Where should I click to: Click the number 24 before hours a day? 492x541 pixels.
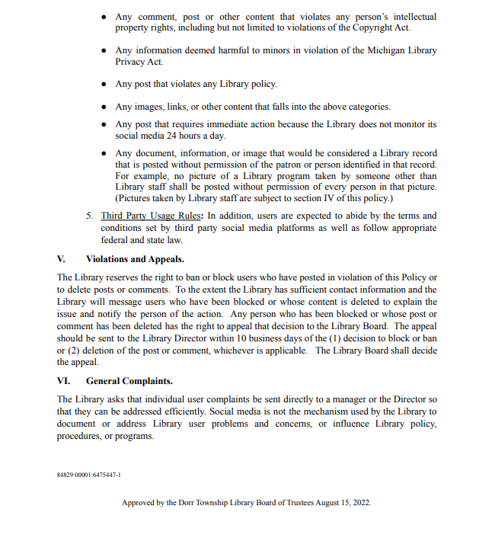coord(181,136)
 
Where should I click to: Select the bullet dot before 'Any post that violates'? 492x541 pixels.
coord(104,85)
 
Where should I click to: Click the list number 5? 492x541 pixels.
coord(90,216)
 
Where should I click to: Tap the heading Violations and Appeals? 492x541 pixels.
coord(135,259)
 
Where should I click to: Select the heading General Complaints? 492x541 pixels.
coord(129,380)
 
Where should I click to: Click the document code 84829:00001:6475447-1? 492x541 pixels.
coord(89,474)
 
